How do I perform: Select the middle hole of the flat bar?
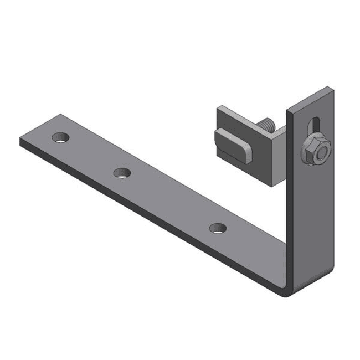(122, 173)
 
